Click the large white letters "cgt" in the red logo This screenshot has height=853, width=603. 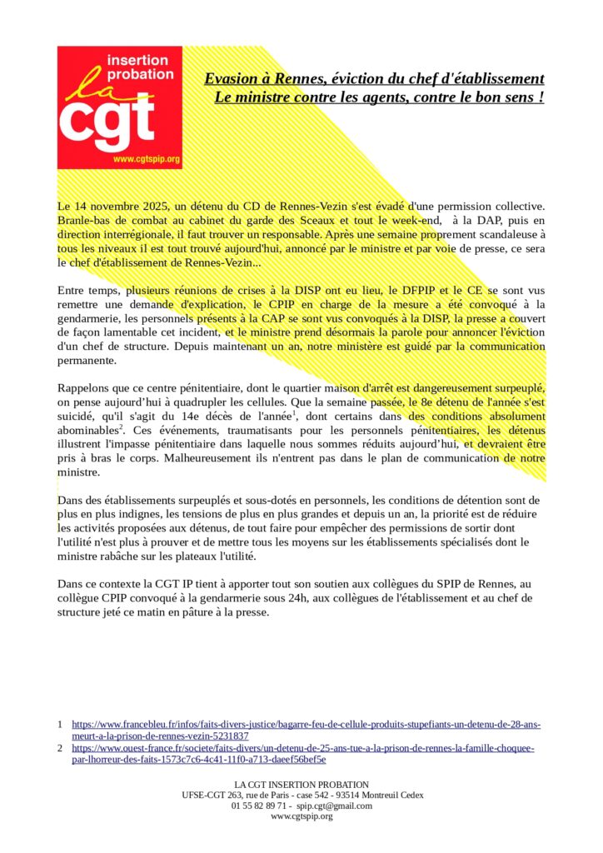(107, 121)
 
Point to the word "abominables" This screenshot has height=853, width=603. (87, 431)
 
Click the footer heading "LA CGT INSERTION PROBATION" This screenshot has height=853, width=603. (301, 785)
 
